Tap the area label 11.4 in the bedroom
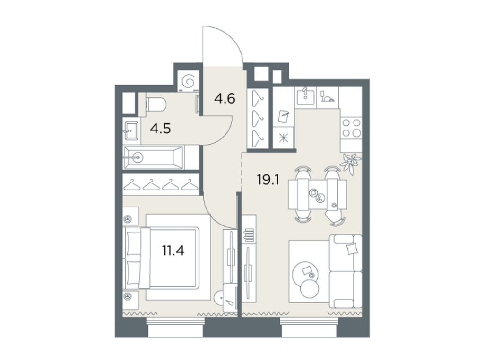pyautogui.click(x=173, y=250)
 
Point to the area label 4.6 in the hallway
pyautogui.click(x=224, y=99)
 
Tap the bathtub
pyautogui.click(x=153, y=157)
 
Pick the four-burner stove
pyautogui.click(x=351, y=127)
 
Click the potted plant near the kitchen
pyautogui.click(x=350, y=161)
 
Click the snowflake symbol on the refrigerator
pyautogui.click(x=284, y=139)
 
